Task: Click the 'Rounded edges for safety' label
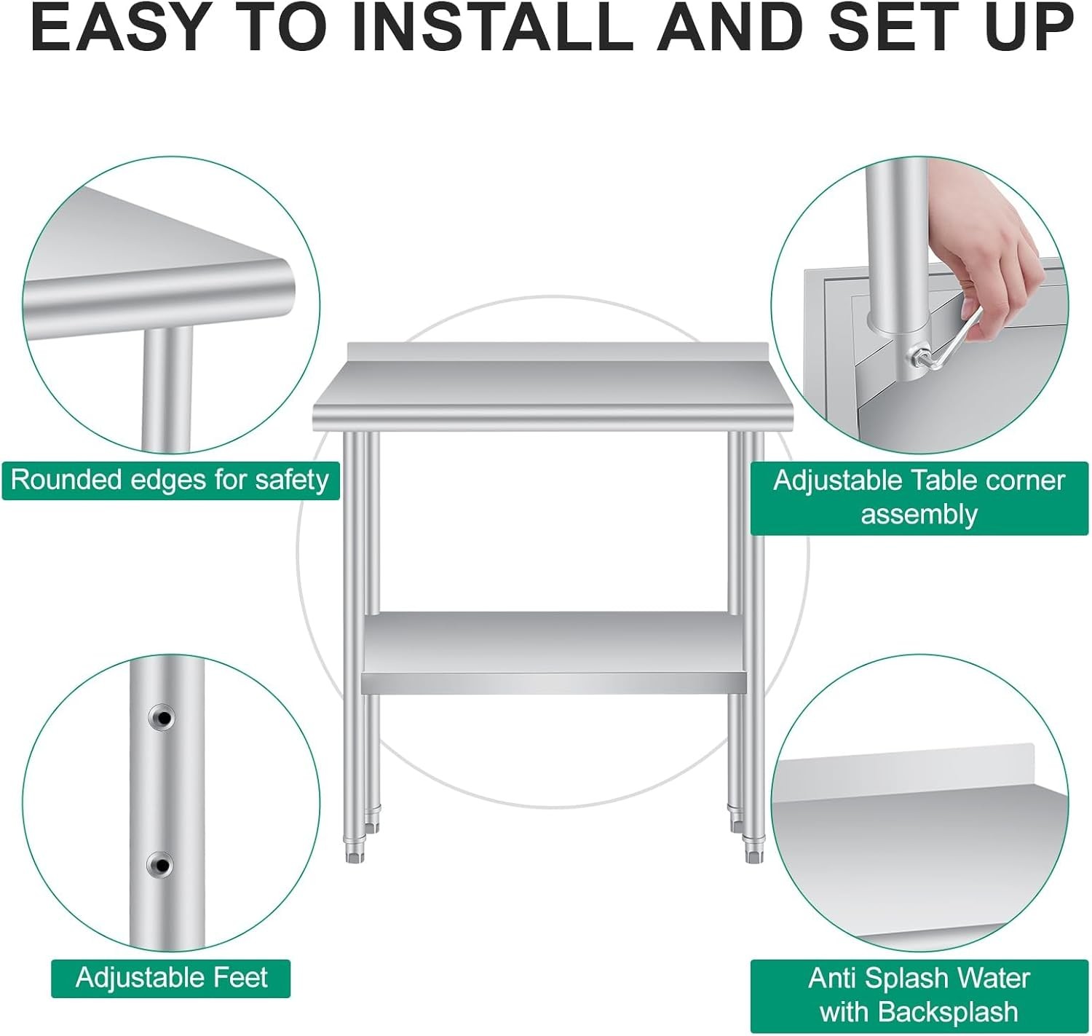[170, 481]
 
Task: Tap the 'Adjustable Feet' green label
[170, 994]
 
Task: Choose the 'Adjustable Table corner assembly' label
[919, 498]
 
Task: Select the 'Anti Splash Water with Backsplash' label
[919, 995]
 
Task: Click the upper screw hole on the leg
[162, 718]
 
